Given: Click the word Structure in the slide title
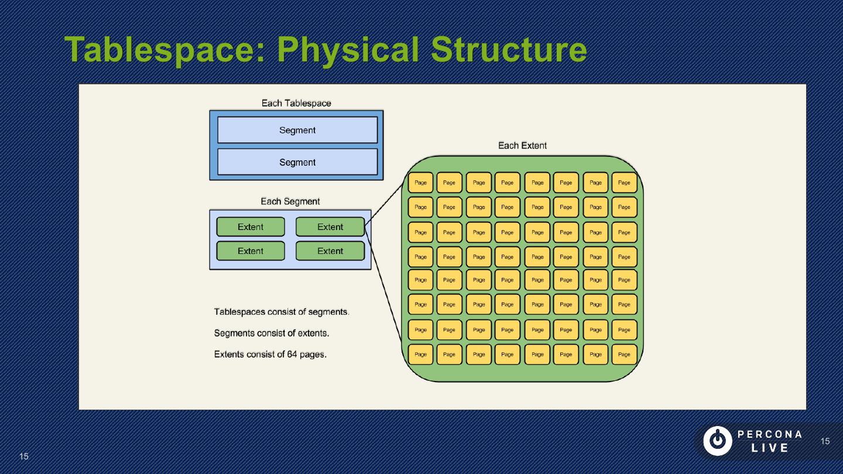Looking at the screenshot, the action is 509,50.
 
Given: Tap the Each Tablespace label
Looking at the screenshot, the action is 296,103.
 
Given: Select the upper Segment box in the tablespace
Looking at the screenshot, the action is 297,130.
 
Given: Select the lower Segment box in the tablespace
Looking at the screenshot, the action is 297,162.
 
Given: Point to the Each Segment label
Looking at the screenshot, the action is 290,201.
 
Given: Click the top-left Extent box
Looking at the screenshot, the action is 251,227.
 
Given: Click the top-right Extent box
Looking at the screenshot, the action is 330,227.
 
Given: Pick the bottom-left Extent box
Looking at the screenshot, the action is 251,251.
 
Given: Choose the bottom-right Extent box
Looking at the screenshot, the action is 330,251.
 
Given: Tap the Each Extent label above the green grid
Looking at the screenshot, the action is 522,145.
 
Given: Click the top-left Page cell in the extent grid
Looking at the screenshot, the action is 420,183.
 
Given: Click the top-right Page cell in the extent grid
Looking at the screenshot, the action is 624,183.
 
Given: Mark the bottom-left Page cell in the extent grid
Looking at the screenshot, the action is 420,354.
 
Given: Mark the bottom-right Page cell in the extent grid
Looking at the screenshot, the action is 624,354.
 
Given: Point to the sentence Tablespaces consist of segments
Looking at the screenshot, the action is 282,311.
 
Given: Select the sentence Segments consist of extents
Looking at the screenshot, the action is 272,333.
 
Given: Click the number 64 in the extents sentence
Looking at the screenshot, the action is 292,354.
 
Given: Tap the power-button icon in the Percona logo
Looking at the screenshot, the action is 717,441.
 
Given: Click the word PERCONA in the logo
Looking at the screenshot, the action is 770,434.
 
